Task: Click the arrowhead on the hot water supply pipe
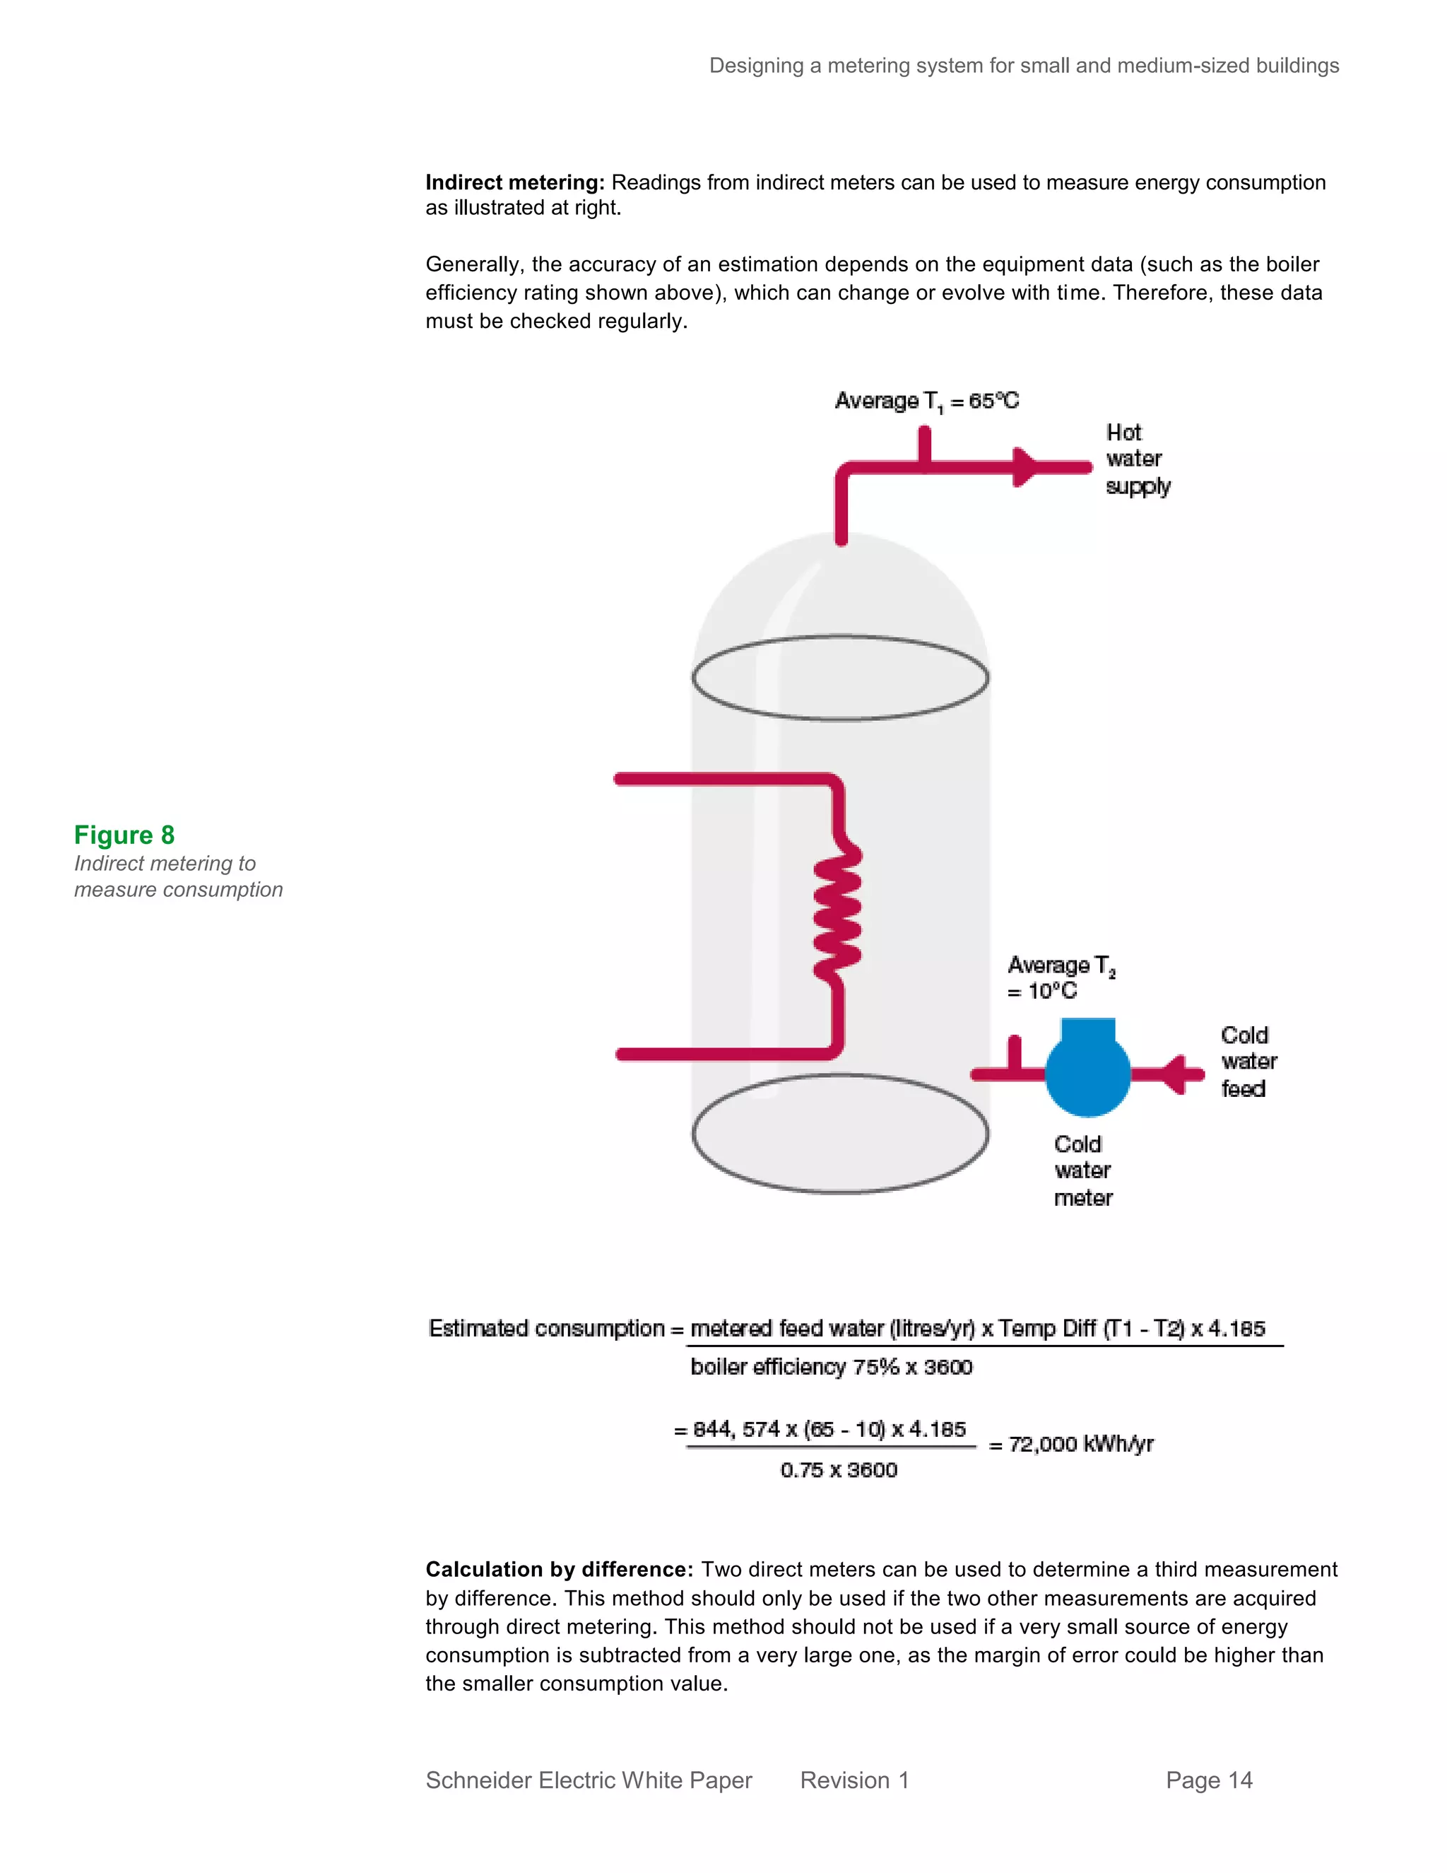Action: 1024,467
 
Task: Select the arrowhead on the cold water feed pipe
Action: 1174,1074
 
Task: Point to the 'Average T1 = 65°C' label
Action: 927,401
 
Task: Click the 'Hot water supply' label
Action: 1137,459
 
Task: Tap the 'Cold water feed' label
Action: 1248,1062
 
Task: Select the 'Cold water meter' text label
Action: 1082,1170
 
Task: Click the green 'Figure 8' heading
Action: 124,835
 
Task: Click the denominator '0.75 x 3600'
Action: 839,1470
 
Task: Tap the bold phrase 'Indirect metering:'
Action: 515,182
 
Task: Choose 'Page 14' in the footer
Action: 1209,1780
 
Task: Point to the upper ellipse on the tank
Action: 840,678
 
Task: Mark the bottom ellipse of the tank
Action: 840,1133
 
